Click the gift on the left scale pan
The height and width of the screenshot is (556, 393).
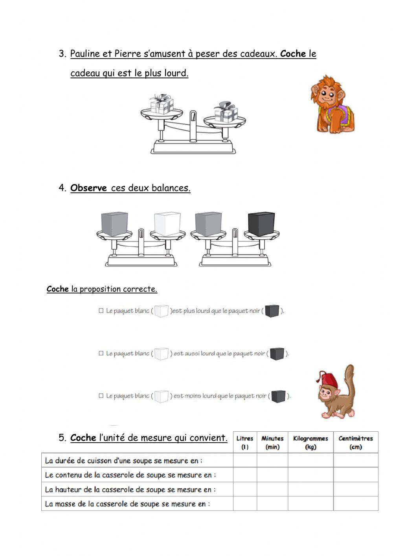(162, 104)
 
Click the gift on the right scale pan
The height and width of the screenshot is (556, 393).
(226, 112)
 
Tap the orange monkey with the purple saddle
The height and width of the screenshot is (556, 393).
(332, 104)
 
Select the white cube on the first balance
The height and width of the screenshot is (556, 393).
(167, 224)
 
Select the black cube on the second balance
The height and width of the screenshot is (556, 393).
(261, 224)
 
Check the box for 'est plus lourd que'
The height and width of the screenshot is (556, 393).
(101, 310)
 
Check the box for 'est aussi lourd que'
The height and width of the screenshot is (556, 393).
(101, 353)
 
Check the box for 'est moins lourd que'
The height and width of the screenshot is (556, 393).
(101, 395)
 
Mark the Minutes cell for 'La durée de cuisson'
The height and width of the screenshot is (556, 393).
(272, 460)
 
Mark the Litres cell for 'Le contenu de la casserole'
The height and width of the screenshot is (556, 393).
(245, 475)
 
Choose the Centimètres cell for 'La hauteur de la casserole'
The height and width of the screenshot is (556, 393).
(356, 489)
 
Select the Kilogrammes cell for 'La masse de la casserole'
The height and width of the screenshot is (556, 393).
(311, 503)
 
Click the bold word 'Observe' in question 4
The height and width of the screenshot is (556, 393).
(88, 188)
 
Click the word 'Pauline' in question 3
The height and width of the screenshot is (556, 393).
(85, 54)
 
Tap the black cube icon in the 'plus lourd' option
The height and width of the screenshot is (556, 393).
(272, 311)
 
